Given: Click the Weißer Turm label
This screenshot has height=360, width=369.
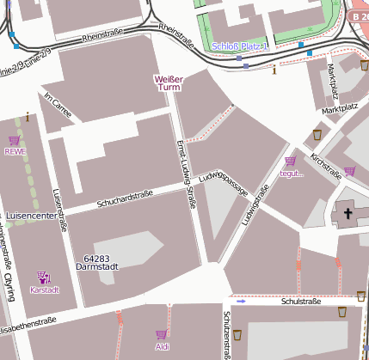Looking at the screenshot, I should pyautogui.click(x=169, y=83).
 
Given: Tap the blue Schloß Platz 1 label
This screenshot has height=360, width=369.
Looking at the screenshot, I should pyautogui.click(x=241, y=45).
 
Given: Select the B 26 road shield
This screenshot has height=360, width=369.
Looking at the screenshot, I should pyautogui.click(x=360, y=16).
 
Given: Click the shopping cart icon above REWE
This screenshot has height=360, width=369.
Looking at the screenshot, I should pyautogui.click(x=14, y=140).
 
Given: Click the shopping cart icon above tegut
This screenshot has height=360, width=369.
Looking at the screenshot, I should pyautogui.click(x=290, y=161).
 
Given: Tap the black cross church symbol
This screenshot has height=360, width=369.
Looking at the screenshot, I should pyautogui.click(x=348, y=212).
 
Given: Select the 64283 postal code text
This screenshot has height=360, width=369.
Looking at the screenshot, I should pyautogui.click(x=96, y=259).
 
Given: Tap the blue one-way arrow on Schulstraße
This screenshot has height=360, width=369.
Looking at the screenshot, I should pyautogui.click(x=241, y=302).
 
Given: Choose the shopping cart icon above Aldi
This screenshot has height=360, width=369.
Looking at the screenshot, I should pyautogui.click(x=161, y=334).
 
